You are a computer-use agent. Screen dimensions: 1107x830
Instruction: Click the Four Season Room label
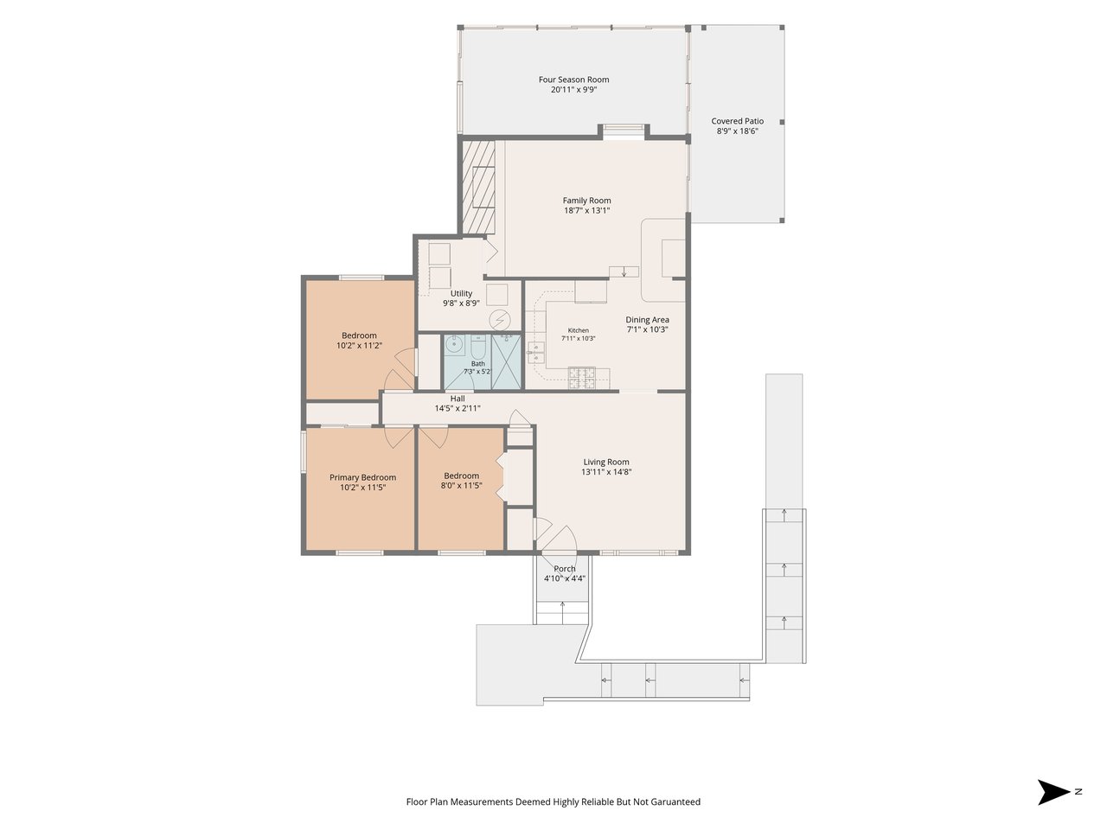point(573,80)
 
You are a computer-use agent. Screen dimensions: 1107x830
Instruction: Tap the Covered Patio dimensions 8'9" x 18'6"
point(738,131)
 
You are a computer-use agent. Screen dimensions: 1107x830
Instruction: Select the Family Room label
point(586,201)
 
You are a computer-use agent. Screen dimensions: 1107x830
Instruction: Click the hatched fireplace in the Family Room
point(478,187)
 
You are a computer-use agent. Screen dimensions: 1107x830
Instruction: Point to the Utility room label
point(461,293)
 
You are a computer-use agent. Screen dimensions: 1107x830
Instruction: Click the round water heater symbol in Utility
point(500,320)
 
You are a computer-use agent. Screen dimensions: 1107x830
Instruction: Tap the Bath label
point(477,363)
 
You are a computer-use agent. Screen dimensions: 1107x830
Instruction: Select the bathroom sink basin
point(455,345)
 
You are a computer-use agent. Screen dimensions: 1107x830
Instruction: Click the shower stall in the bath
point(506,361)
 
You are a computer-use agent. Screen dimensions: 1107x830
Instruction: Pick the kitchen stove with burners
point(581,378)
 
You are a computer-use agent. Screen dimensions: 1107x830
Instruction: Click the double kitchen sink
point(535,352)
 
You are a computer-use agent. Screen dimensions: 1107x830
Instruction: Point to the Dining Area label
point(647,320)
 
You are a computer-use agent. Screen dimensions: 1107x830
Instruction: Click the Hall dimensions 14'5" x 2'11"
point(458,408)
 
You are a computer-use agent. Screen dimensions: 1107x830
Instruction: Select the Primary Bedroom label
point(362,477)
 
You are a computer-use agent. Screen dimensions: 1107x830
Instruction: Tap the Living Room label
point(605,462)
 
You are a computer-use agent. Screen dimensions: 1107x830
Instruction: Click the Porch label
point(565,568)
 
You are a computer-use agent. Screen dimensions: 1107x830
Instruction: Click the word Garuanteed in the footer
point(675,801)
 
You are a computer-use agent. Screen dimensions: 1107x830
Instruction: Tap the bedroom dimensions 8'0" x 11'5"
point(461,485)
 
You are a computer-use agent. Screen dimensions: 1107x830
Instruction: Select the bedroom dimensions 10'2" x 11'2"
point(359,345)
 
